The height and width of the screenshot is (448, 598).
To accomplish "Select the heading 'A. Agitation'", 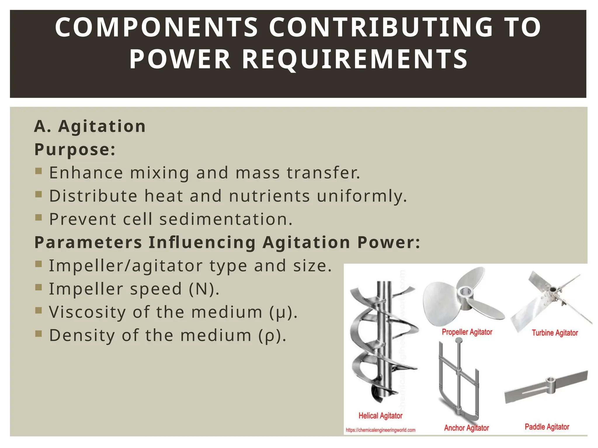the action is (90, 126).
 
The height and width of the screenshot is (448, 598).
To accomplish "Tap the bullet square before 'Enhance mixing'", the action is (39, 171).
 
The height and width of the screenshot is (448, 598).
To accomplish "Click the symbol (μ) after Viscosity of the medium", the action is (283, 312).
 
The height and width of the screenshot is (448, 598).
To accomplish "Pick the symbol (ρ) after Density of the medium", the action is (272, 335).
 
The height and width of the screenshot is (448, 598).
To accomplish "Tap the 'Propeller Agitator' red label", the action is (467, 332).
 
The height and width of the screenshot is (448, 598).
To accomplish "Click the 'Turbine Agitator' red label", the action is (555, 333).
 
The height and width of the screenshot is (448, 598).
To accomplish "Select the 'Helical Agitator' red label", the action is (380, 416).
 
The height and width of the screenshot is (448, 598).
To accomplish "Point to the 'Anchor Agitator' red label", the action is (466, 428).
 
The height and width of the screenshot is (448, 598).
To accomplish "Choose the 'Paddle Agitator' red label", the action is (547, 427).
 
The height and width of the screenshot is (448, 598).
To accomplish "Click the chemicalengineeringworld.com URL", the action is (380, 430).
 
